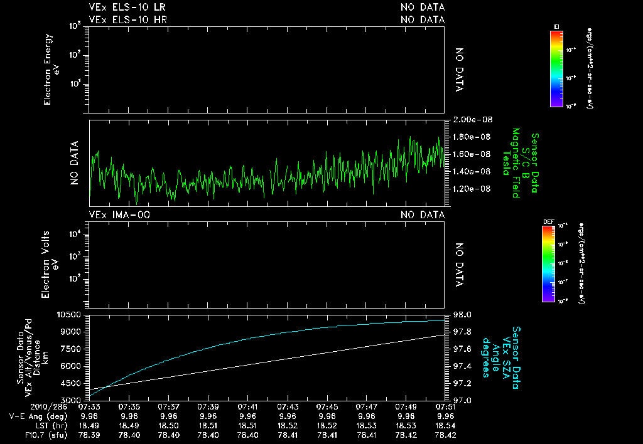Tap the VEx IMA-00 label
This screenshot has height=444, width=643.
[119, 215]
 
